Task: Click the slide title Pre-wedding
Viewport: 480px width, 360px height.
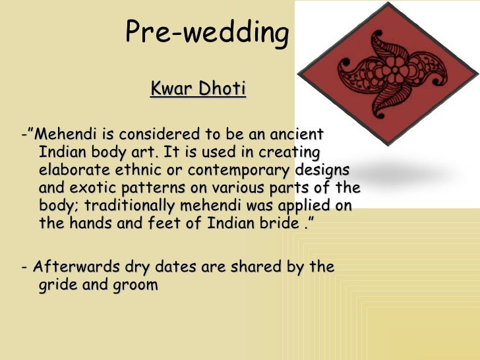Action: click(x=207, y=34)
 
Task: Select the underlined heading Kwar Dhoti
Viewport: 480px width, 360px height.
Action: click(x=198, y=88)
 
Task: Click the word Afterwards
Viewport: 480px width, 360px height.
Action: click(x=73, y=267)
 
